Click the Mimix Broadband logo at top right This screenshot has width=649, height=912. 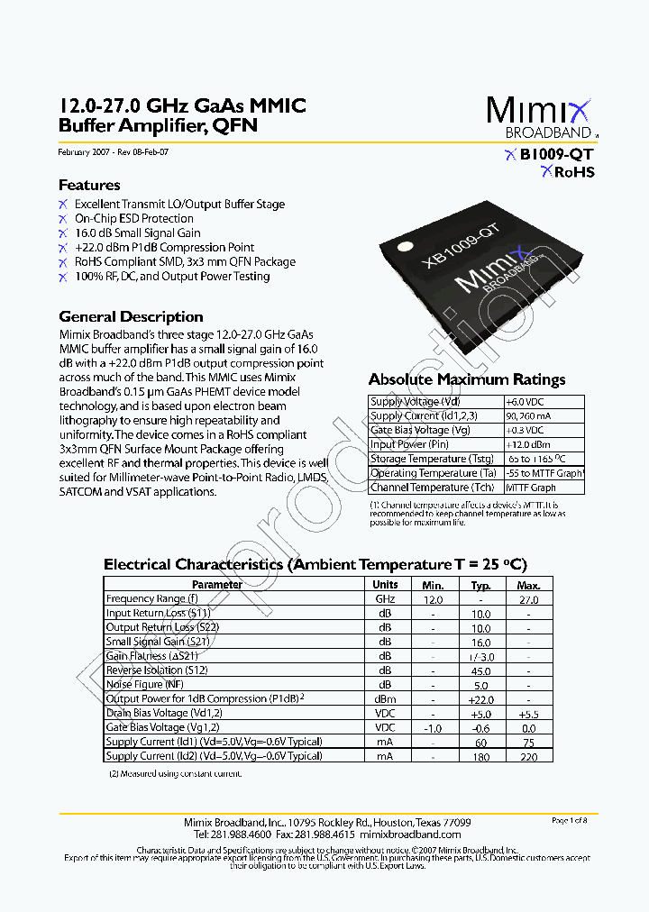point(540,117)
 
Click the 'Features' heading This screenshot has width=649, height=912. point(89,185)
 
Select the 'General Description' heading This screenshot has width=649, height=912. point(131,316)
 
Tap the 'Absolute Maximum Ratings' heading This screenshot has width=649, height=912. point(467,379)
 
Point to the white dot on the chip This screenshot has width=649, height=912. point(405,244)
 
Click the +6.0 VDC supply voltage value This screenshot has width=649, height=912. point(525,402)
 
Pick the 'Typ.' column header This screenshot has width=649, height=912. point(481,585)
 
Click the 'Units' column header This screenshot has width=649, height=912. point(385,585)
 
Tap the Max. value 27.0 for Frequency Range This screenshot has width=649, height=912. point(528,599)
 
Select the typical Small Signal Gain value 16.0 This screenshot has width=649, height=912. point(481,643)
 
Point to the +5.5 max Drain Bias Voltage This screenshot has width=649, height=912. point(528,713)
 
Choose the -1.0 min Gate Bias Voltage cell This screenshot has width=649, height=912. point(433,727)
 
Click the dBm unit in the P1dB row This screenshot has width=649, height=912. point(385,699)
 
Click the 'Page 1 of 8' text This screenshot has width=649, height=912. point(569,820)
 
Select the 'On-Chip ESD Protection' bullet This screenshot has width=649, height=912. point(133,218)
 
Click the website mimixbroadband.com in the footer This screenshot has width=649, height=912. point(428,834)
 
